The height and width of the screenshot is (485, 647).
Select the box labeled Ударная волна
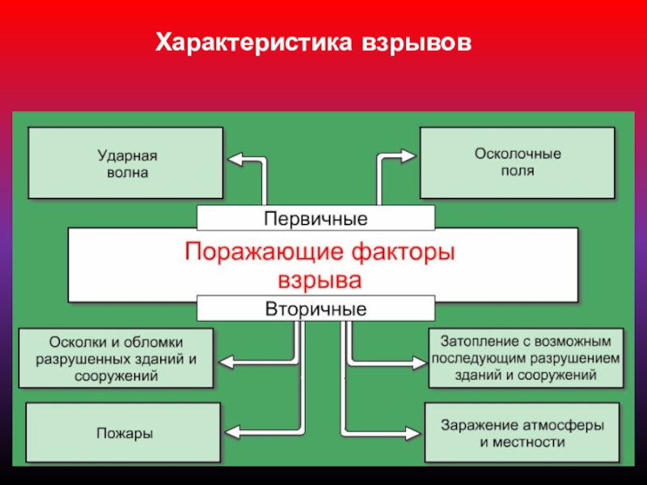[126, 162]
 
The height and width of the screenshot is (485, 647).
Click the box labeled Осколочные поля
[518, 162]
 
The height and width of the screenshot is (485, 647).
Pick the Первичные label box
[315, 218]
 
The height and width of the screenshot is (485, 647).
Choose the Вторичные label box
[315, 309]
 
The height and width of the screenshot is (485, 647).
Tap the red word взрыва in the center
[319, 280]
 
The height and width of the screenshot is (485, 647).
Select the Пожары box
[123, 433]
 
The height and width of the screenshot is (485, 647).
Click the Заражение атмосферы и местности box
[522, 433]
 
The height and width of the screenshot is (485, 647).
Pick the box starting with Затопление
[526, 356]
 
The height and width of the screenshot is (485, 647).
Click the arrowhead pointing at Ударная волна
[233, 159]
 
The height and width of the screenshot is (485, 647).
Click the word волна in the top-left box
[126, 173]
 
